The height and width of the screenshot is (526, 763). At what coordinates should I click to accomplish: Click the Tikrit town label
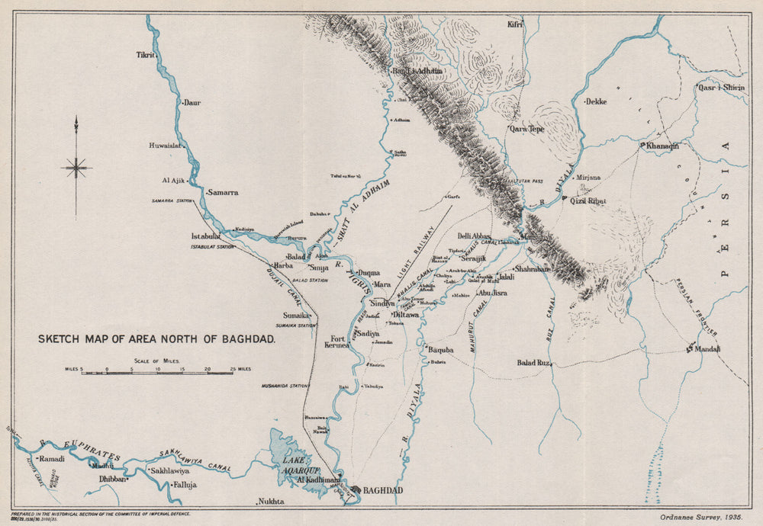coord(145,56)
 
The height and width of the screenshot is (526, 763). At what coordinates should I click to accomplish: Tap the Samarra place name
coord(222,193)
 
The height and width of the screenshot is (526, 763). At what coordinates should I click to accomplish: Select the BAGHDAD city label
coord(382,490)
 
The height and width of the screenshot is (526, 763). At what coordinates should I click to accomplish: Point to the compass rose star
coord(76,167)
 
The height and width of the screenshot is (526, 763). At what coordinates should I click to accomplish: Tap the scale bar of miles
coord(158,373)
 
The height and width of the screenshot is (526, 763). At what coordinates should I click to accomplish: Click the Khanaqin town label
coord(662,146)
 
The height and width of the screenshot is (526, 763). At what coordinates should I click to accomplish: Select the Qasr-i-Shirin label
coord(723,88)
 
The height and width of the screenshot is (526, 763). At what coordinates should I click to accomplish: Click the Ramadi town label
coord(52,459)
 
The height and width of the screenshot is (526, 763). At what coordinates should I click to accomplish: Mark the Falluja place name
coord(185,484)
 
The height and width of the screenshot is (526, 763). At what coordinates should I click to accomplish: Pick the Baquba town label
coord(440,350)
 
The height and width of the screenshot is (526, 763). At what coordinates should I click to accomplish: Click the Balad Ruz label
coord(533,363)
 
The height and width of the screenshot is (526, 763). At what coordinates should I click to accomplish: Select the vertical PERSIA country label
coord(725,210)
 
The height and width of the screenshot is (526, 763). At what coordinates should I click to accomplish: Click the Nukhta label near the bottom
coord(272,501)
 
